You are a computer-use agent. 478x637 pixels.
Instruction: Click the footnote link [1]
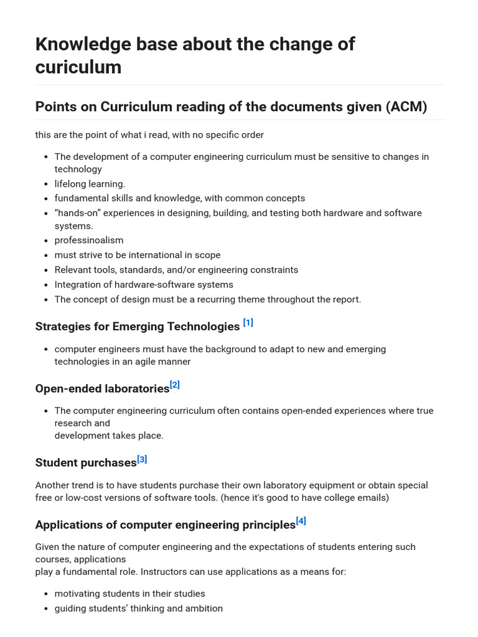248,322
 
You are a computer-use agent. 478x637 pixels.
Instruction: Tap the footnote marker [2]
174,384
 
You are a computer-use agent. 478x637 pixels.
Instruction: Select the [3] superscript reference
142,459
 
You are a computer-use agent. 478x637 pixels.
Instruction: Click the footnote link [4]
301,521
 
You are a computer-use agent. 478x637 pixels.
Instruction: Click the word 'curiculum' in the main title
78,67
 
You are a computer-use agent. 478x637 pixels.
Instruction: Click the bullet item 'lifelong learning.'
90,184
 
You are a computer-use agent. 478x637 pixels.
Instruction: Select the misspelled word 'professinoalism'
89,240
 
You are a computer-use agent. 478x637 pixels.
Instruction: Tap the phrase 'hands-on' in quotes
80,213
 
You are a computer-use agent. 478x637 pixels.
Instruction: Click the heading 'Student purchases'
86,463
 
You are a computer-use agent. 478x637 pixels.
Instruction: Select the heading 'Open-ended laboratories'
102,389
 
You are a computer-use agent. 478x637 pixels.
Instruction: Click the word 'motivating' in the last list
78,593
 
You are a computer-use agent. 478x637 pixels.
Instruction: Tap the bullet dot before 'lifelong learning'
47,184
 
